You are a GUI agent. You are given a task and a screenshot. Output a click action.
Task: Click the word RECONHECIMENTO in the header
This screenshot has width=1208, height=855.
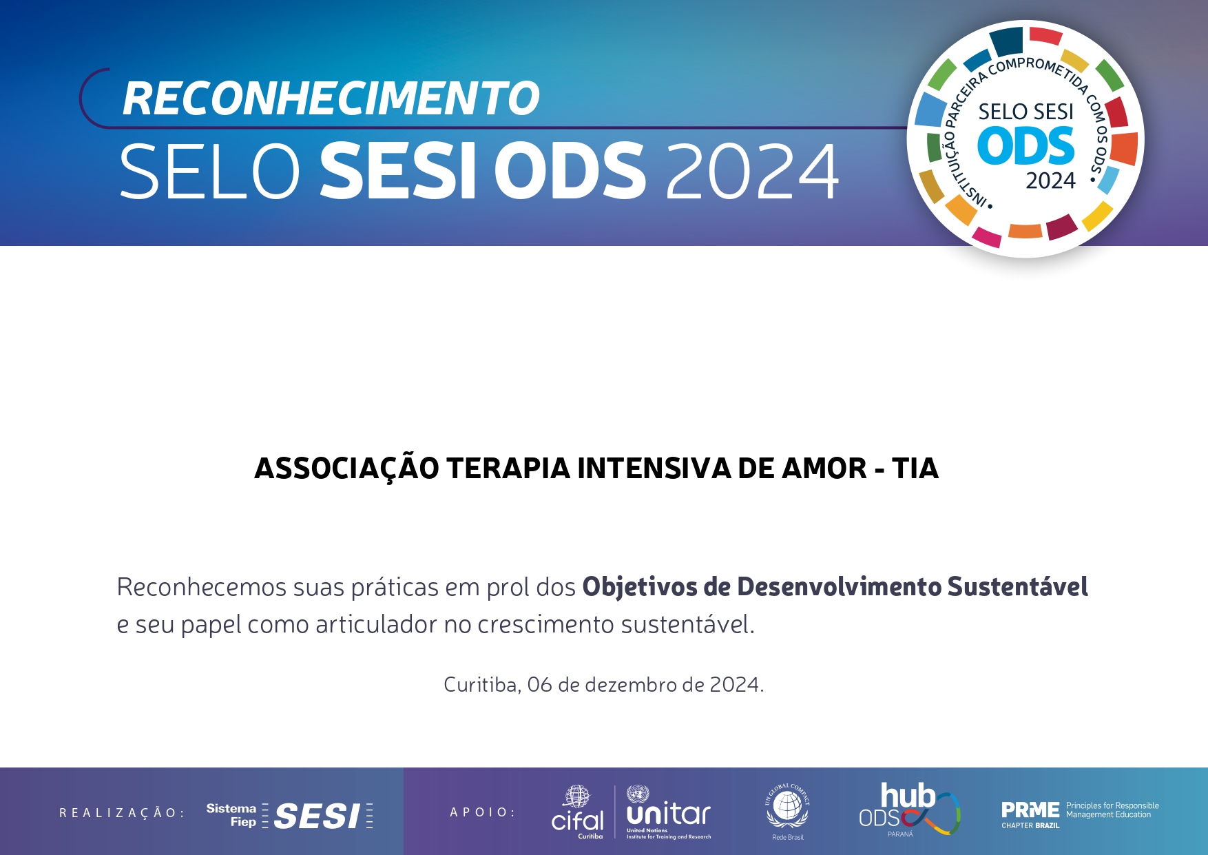(331, 99)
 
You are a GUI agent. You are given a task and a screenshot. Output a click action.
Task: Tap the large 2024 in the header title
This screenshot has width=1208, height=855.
(752, 172)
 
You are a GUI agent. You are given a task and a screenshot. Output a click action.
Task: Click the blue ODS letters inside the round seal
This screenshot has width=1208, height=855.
(1026, 146)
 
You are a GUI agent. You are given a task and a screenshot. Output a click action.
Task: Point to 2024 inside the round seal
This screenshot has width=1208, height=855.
(1050, 181)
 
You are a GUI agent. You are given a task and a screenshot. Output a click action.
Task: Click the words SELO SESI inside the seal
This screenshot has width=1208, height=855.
(1026, 112)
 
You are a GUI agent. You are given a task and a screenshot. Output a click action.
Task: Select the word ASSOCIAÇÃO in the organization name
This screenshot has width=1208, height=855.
(346, 468)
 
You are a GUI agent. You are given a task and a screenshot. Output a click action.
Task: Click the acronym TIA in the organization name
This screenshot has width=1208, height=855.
(915, 468)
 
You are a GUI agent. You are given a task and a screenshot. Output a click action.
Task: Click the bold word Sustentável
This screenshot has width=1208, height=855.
(1018, 586)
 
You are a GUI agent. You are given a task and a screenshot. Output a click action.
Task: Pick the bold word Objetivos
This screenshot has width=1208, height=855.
(640, 588)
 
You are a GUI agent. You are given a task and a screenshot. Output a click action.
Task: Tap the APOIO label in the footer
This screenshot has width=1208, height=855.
(482, 812)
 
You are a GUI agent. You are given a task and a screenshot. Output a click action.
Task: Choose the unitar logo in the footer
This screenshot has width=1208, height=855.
(669, 812)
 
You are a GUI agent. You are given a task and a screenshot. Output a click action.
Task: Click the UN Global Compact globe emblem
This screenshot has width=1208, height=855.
(788, 807)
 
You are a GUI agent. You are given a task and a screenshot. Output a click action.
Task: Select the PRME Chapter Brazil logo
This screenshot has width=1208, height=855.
(1080, 814)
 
